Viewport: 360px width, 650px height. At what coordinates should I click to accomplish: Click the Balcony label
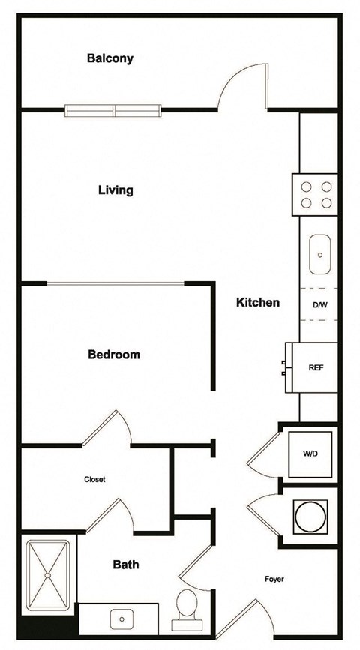[110, 58]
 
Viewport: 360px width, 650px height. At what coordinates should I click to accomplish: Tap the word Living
[115, 190]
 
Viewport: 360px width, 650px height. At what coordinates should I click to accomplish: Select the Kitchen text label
[258, 303]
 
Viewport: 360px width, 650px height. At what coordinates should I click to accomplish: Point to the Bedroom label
[114, 355]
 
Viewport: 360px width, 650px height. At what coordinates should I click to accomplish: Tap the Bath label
[126, 565]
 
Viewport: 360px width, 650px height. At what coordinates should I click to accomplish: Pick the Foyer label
[274, 580]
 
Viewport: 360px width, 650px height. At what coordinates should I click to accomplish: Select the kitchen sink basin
[319, 255]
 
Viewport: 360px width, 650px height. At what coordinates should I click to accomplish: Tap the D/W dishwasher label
[319, 305]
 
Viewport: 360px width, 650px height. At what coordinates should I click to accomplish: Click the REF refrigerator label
[316, 368]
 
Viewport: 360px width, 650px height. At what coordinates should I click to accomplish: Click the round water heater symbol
[309, 516]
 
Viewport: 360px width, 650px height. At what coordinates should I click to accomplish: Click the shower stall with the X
[49, 574]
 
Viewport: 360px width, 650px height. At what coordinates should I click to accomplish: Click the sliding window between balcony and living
[114, 111]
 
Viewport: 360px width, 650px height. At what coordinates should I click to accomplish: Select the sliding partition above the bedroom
[115, 283]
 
